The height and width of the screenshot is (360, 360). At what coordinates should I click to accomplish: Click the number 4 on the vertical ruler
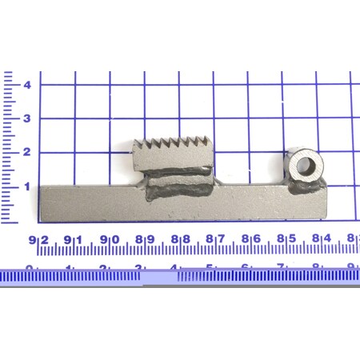coord(27,85)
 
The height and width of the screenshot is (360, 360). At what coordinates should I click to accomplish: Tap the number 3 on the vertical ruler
coord(27,118)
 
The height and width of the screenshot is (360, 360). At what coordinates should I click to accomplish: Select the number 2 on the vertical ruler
coord(27,153)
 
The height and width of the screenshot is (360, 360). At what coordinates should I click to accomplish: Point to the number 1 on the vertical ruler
coord(27,186)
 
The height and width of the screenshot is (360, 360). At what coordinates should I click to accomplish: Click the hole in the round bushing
coord(305,166)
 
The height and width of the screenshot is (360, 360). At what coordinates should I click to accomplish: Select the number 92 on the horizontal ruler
coord(38,239)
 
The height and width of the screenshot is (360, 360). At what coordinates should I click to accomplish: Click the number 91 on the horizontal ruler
coord(74,239)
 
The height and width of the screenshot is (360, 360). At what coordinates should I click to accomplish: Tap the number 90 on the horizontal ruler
coord(109,239)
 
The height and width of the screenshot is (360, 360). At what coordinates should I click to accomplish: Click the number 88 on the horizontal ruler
coord(179,239)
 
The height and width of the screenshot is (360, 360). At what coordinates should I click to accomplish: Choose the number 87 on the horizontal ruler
coord(214,239)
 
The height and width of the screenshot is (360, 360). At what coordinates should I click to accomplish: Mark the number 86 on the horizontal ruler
coord(250,239)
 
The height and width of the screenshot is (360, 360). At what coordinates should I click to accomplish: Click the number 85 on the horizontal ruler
coord(285,239)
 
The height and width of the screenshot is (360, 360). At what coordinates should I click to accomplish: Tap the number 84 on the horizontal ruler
coord(320,239)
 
